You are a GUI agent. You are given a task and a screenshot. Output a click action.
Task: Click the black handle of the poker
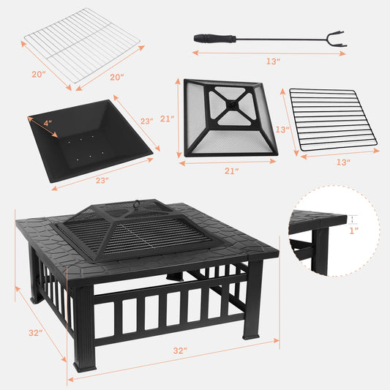tap(214, 38)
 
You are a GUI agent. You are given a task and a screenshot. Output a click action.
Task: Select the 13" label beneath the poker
tap(274, 61)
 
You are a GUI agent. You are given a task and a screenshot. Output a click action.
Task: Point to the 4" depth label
tap(48, 124)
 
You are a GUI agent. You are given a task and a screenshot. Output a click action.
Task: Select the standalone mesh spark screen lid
tap(231, 117)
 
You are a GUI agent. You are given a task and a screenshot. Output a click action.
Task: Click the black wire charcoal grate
tap(331, 117)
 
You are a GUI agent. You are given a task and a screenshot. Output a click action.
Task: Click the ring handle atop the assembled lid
tap(135, 203)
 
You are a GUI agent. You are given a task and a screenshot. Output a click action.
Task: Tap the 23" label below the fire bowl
tap(102, 180)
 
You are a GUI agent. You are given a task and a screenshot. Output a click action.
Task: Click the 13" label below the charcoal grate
tap(343, 162)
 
